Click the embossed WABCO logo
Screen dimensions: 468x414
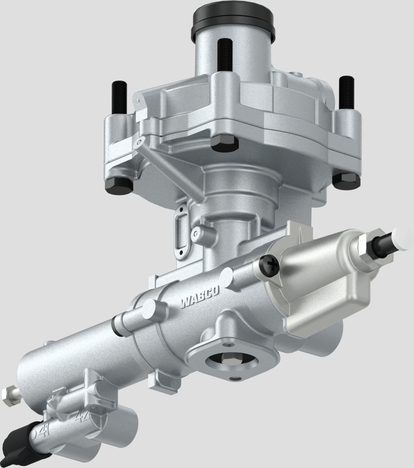[200, 296]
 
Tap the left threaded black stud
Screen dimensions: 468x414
[119, 98]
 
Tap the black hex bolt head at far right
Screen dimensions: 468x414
[346, 180]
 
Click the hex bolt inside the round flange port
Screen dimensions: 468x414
[230, 359]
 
